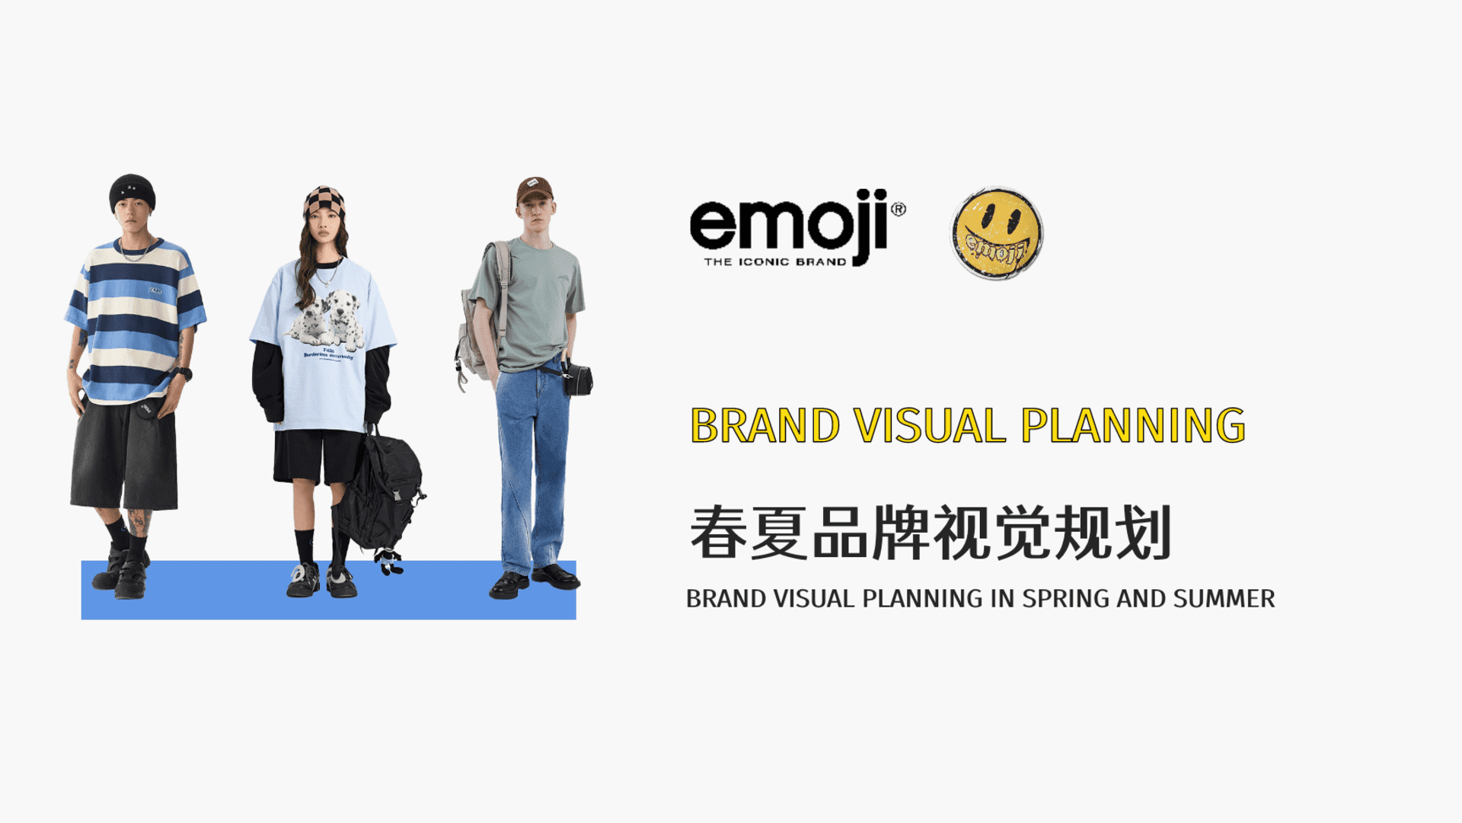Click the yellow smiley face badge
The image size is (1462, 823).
997,233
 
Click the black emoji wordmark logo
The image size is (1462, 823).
788,223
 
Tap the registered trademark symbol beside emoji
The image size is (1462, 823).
899,209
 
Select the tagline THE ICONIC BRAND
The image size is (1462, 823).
774,262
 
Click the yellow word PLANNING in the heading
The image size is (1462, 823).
1133,426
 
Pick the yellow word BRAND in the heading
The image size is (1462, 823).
765,426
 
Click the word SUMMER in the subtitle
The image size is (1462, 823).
1224,599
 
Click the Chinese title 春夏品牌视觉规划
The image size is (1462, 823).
930,533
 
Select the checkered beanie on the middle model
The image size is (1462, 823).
324,201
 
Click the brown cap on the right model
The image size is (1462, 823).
534,189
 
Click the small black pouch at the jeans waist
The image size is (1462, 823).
579,379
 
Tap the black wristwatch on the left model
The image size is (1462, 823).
182,373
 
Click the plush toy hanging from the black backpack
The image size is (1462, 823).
389,562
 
